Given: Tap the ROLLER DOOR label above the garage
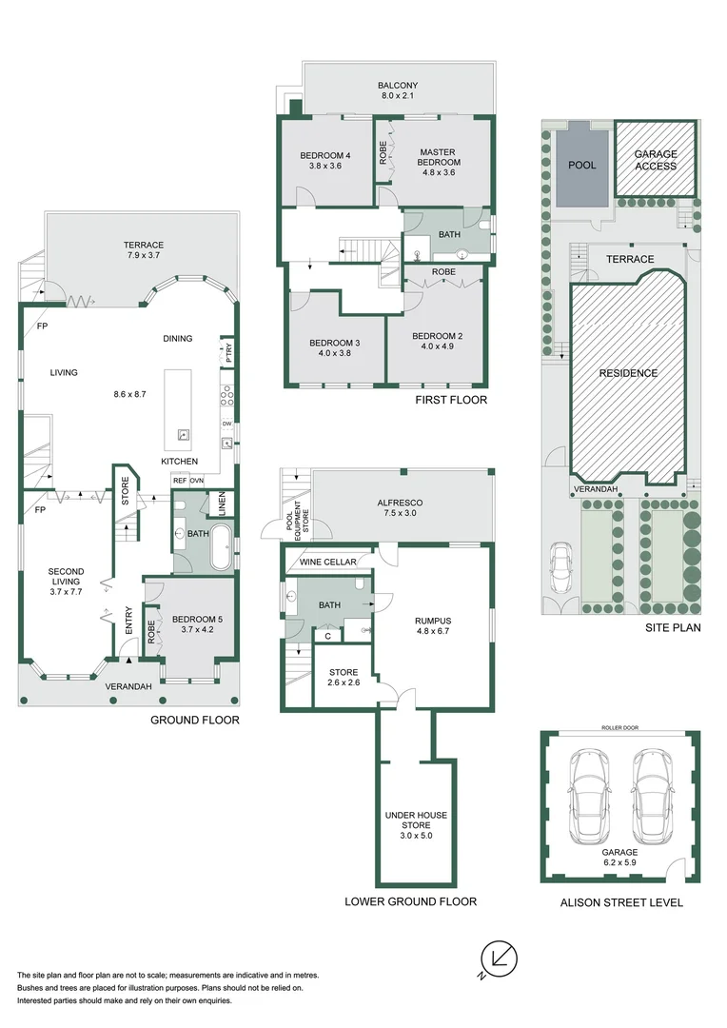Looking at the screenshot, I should (x=619, y=727).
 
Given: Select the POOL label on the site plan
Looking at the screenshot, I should (x=581, y=165).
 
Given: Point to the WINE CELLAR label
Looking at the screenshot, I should (x=327, y=563).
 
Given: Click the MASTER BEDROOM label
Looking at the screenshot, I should (x=437, y=157).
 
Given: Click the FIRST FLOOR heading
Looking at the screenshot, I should (x=451, y=400).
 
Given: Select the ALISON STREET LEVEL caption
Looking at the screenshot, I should (x=619, y=902).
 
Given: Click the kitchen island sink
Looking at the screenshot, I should (x=183, y=437).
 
